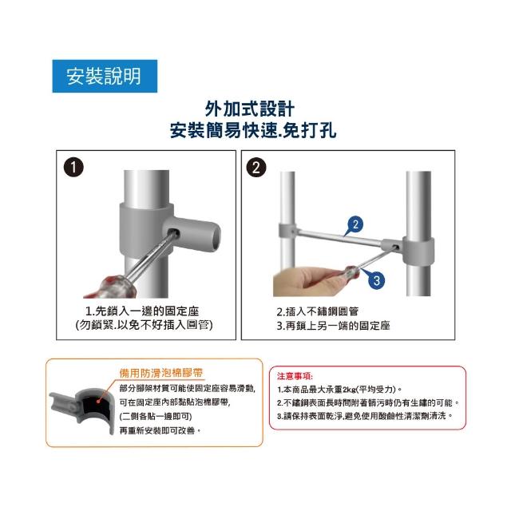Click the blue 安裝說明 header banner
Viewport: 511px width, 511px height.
point(105,76)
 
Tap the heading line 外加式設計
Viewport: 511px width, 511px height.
point(250,109)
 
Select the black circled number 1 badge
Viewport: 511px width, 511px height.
point(73,168)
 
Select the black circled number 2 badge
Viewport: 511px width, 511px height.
point(256,168)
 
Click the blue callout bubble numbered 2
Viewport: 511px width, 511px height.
point(355,224)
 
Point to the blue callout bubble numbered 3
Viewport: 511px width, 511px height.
point(376,280)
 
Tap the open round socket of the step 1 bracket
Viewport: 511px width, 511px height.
point(213,236)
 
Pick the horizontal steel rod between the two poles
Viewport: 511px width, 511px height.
point(339,237)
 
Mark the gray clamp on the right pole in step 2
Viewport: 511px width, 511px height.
point(418,252)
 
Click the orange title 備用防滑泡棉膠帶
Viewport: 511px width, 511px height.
point(161,373)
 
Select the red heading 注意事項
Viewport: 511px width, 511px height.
point(295,376)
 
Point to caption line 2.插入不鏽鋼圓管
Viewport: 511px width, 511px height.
point(318,311)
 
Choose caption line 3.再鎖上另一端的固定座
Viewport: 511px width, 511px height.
point(333,326)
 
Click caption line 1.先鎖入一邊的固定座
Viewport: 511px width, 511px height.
point(142,311)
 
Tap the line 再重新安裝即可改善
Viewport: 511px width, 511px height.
point(160,430)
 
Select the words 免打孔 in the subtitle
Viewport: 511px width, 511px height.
point(310,131)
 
